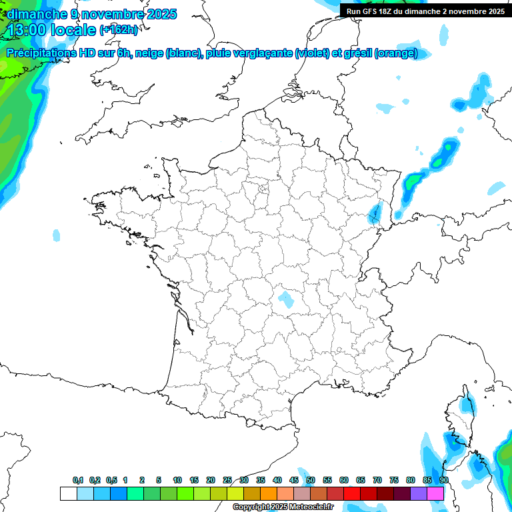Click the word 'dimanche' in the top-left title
click(33, 14)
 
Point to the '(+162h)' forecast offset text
click(119, 30)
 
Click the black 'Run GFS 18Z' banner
click(425, 11)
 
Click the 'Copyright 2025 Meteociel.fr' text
click(283, 507)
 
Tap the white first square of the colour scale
click(68, 493)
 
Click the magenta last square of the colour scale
click(435, 493)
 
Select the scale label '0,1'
click(78, 481)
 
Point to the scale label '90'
click(444, 481)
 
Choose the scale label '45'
click(294, 481)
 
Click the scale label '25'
click(227, 481)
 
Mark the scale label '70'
click(377, 481)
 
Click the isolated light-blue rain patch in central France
click(287, 299)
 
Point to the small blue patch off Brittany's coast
click(56, 235)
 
